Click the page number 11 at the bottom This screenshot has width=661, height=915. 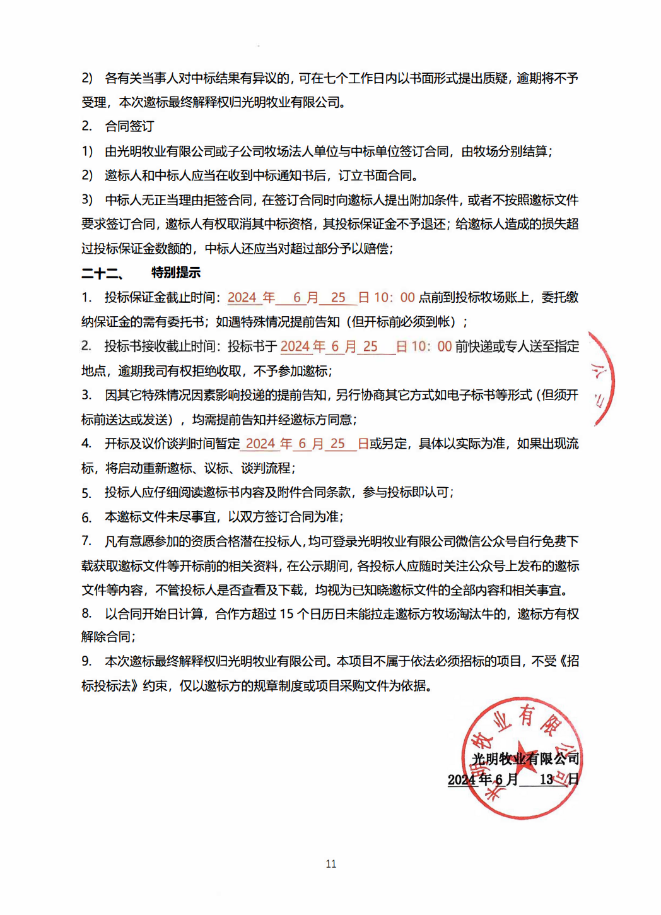[x=330, y=864]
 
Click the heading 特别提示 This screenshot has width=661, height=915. [x=176, y=273]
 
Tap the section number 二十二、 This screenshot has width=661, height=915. [x=103, y=273]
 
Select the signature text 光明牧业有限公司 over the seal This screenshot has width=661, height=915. [x=525, y=759]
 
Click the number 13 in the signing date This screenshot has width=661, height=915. [x=546, y=779]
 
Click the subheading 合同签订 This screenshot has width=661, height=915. [x=129, y=126]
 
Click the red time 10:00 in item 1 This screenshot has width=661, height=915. [x=394, y=297]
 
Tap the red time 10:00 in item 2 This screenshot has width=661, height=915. [x=431, y=346]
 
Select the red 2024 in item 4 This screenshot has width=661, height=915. [x=260, y=444]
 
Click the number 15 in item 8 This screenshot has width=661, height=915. [x=286, y=614]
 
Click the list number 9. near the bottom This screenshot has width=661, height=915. [x=86, y=661]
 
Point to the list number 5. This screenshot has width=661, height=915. [x=86, y=493]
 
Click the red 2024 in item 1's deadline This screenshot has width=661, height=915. [x=242, y=297]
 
